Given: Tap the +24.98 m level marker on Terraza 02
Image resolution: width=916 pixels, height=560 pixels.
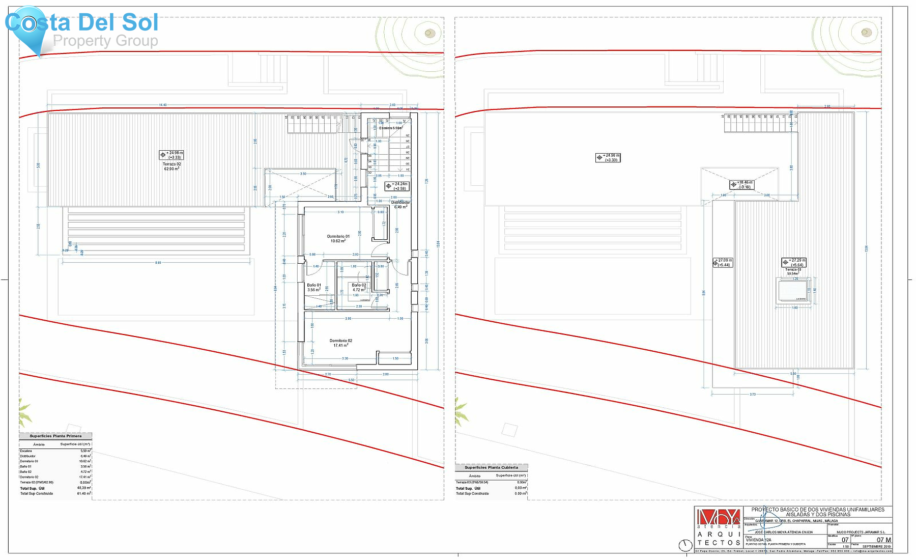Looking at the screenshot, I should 171,155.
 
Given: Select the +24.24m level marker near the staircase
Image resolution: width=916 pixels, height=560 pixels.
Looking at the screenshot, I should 397,186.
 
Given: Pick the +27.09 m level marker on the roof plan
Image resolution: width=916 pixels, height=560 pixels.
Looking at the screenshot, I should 723,262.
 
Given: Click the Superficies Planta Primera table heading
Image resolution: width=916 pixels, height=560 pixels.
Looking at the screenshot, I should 55,436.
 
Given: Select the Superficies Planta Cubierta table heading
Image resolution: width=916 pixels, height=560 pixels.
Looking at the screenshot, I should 491,467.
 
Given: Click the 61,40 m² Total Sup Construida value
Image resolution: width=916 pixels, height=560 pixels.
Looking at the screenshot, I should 84,493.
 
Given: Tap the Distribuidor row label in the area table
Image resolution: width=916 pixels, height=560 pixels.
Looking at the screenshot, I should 28,456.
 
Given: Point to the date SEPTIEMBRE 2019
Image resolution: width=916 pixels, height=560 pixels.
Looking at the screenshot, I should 876,547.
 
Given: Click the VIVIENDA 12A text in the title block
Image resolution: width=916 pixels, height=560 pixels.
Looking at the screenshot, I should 758,540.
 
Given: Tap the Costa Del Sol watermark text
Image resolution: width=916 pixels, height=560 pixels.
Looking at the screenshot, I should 81,23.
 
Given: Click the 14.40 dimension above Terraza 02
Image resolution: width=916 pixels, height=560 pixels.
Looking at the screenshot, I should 162,105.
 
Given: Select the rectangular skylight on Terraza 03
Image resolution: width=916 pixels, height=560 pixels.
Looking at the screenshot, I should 793,291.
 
